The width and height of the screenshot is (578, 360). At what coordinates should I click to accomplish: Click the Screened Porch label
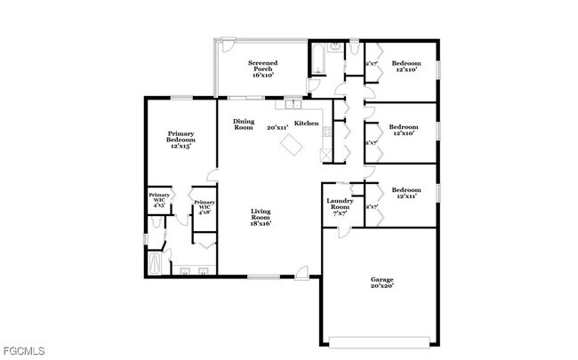[x=262, y=68]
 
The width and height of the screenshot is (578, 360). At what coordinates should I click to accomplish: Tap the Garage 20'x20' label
[x=381, y=283]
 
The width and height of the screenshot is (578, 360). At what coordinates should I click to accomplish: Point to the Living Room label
[x=260, y=217]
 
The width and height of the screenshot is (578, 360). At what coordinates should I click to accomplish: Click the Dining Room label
[x=244, y=124]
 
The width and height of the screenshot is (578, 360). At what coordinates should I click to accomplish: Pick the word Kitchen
[x=307, y=123]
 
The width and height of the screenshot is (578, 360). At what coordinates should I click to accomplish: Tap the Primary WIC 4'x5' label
[x=159, y=199]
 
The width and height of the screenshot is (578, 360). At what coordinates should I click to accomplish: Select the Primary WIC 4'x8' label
[x=205, y=207]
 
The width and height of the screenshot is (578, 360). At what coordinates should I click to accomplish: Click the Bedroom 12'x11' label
[x=406, y=193]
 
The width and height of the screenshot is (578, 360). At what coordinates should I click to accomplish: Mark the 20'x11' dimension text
[x=277, y=128]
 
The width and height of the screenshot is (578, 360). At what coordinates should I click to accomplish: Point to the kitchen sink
[x=291, y=104]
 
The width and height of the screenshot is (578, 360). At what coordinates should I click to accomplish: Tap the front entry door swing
[x=302, y=270]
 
